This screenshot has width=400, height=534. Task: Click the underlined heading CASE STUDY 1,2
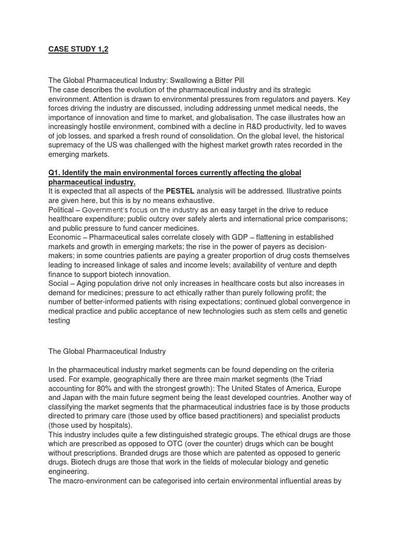(x=78, y=50)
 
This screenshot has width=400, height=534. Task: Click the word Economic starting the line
(x=66, y=237)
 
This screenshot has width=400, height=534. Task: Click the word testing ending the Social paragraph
(x=59, y=320)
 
